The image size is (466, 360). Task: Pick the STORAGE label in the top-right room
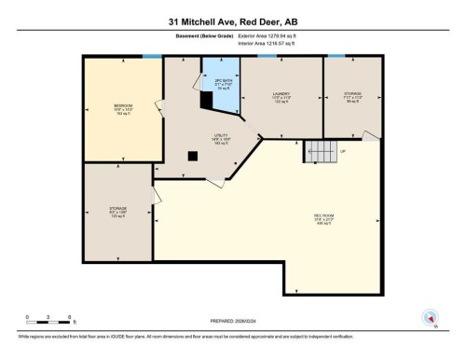coord(352,95)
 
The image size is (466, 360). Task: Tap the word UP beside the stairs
coord(343,151)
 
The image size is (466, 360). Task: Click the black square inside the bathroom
coord(206,96)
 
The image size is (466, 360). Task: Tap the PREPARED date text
coord(231,322)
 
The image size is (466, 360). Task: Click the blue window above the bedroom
coord(151,58)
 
